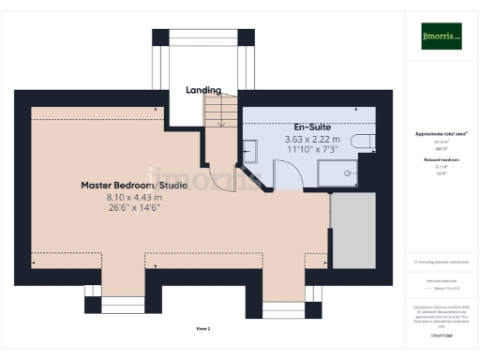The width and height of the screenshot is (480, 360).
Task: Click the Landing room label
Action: point(202,90)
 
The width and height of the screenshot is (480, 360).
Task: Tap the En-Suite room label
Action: point(313,127)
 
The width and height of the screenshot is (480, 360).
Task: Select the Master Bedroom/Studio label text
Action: point(134,186)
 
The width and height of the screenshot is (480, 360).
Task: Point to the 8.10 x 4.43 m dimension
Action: point(134,198)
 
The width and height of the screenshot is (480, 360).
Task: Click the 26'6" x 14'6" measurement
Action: point(134,209)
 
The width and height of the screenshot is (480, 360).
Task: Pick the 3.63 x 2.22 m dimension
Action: point(313,139)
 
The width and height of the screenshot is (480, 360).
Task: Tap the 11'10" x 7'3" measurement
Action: point(313,150)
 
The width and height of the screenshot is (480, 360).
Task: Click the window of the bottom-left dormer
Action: point(118,303)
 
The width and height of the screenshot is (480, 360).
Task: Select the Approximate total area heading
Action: point(441,134)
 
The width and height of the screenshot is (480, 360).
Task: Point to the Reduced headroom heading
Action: point(441,160)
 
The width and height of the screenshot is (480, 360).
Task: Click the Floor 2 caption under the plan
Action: point(202,329)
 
